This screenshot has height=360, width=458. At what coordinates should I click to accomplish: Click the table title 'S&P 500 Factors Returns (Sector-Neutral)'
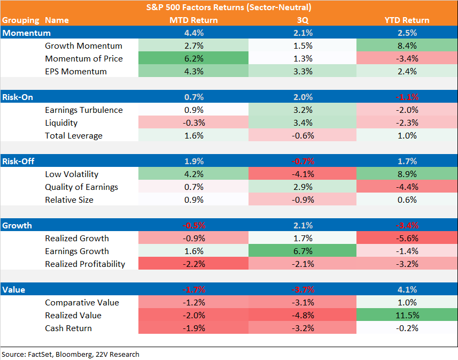click(x=229, y=7)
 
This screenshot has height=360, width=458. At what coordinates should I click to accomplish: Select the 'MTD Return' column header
click(x=193, y=20)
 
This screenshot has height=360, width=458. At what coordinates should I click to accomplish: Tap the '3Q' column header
click(x=302, y=20)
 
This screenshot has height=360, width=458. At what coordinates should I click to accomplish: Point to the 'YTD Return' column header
click(x=407, y=20)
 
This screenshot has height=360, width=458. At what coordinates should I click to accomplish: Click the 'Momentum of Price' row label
click(x=84, y=58)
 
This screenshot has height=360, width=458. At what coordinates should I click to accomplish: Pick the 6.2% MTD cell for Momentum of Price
click(x=193, y=58)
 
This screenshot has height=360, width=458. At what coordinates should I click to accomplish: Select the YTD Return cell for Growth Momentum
click(x=407, y=45)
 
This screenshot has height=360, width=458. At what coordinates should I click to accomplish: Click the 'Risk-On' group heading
click(x=18, y=97)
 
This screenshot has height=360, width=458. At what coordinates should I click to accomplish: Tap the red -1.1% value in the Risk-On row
click(x=407, y=97)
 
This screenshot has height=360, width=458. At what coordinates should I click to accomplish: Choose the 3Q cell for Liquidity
click(x=302, y=123)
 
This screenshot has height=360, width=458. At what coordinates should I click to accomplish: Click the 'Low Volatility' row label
click(x=72, y=174)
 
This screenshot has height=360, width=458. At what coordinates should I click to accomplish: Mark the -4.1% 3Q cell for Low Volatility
click(x=302, y=174)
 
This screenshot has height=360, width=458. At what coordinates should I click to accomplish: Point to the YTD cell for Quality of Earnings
click(x=407, y=187)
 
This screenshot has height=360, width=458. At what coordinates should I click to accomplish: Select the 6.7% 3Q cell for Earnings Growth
click(x=302, y=251)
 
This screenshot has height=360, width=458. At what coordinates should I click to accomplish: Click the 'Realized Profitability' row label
click(x=85, y=264)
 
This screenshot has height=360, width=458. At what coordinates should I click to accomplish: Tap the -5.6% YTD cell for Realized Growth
click(x=407, y=238)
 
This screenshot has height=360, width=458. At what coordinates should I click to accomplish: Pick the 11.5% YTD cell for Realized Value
click(x=407, y=315)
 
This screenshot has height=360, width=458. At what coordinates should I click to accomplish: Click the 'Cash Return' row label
click(x=68, y=328)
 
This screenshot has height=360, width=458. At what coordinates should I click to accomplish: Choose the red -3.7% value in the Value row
click(x=302, y=289)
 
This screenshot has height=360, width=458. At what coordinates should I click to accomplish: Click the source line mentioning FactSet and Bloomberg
click(x=71, y=355)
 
